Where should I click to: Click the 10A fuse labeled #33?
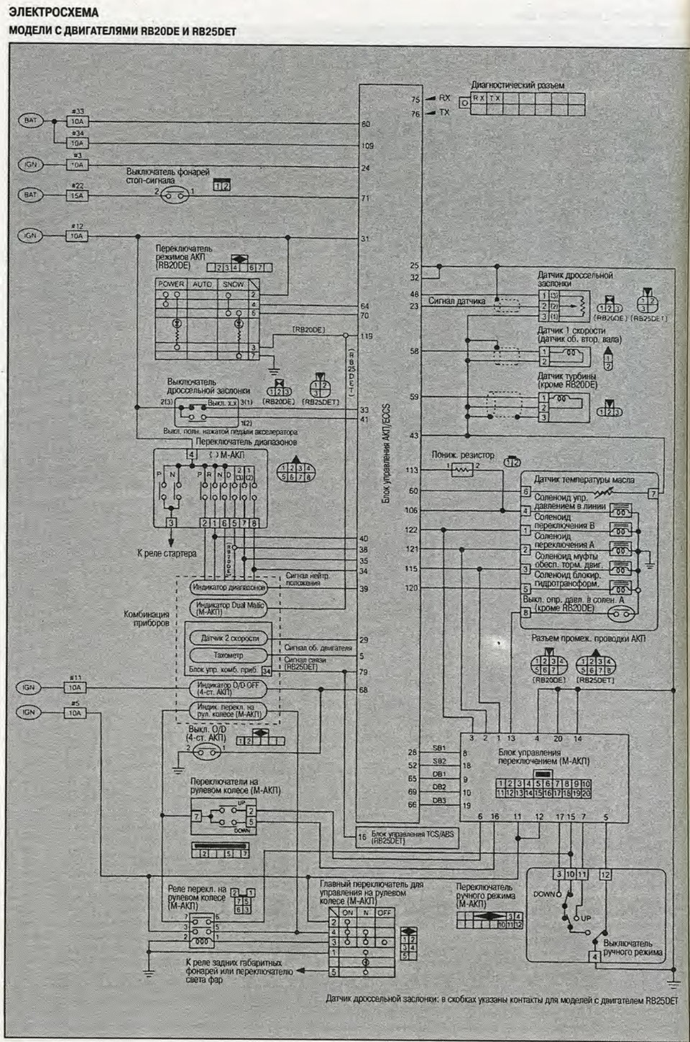77,121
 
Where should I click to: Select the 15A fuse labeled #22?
77,195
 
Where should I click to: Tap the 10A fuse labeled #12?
77,236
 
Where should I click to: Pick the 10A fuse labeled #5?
75,713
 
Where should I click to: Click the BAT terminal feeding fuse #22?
30,195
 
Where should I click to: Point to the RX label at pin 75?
444,98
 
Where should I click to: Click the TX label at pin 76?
444,113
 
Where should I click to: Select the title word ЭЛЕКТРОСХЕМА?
54,12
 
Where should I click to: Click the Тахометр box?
228,655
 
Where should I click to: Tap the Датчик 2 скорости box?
229,638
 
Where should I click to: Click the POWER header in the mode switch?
171,284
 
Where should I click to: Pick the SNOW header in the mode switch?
233,284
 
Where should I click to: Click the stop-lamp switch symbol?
175,195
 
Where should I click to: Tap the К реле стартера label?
166,554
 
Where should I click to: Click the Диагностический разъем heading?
517,85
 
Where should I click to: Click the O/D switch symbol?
207,752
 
